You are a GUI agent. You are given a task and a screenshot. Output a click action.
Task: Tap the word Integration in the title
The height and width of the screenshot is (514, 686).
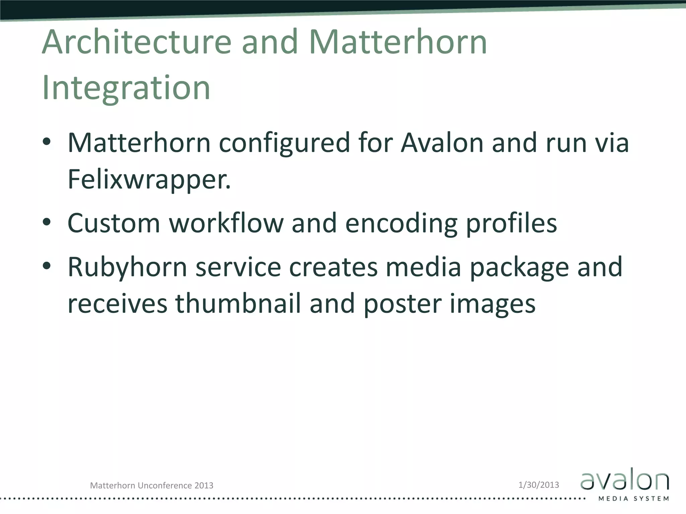pyautogui.click(x=126, y=88)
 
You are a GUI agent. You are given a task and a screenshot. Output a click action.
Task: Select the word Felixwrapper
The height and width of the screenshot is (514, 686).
pyautogui.click(x=149, y=179)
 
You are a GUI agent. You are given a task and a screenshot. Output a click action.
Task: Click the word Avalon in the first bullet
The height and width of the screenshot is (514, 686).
pyautogui.click(x=442, y=143)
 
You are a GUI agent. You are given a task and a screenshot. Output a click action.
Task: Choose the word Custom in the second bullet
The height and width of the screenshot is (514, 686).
pyautogui.click(x=114, y=223)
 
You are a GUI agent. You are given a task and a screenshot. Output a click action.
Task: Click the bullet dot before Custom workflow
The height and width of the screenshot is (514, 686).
pyautogui.click(x=47, y=222)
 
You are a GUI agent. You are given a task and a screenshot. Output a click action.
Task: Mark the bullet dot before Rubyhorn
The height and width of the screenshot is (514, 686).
pyautogui.click(x=47, y=266)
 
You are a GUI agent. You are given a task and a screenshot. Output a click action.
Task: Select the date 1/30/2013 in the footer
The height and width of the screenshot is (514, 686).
pyautogui.click(x=539, y=485)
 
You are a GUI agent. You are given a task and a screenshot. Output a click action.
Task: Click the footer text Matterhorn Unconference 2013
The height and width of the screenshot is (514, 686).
pyautogui.click(x=152, y=486)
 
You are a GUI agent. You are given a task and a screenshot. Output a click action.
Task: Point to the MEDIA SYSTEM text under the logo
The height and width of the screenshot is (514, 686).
pyautogui.click(x=634, y=499)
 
